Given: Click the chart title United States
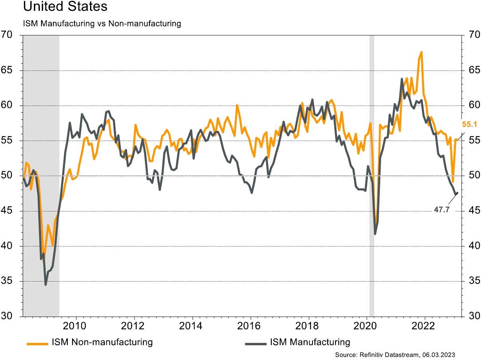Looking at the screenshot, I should pyautogui.click(x=65, y=7).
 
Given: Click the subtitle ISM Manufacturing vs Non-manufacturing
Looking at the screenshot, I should pyautogui.click(x=102, y=24).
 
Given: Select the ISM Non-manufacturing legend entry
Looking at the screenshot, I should pyautogui.click(x=102, y=342).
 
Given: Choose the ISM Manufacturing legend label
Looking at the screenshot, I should pyautogui.click(x=310, y=342).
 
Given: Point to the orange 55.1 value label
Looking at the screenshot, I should pyautogui.click(x=469, y=124).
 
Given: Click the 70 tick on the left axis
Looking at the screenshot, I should pyautogui.click(x=8, y=35).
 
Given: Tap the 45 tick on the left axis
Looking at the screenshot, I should pyautogui.click(x=8, y=211).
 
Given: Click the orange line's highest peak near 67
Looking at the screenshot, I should pyautogui.click(x=421, y=52).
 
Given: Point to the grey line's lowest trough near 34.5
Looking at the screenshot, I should pyautogui.click(x=45, y=285).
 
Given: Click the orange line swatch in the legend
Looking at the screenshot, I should pyautogui.click(x=37, y=342).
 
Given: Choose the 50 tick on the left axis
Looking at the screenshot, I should pyautogui.click(x=8, y=176).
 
